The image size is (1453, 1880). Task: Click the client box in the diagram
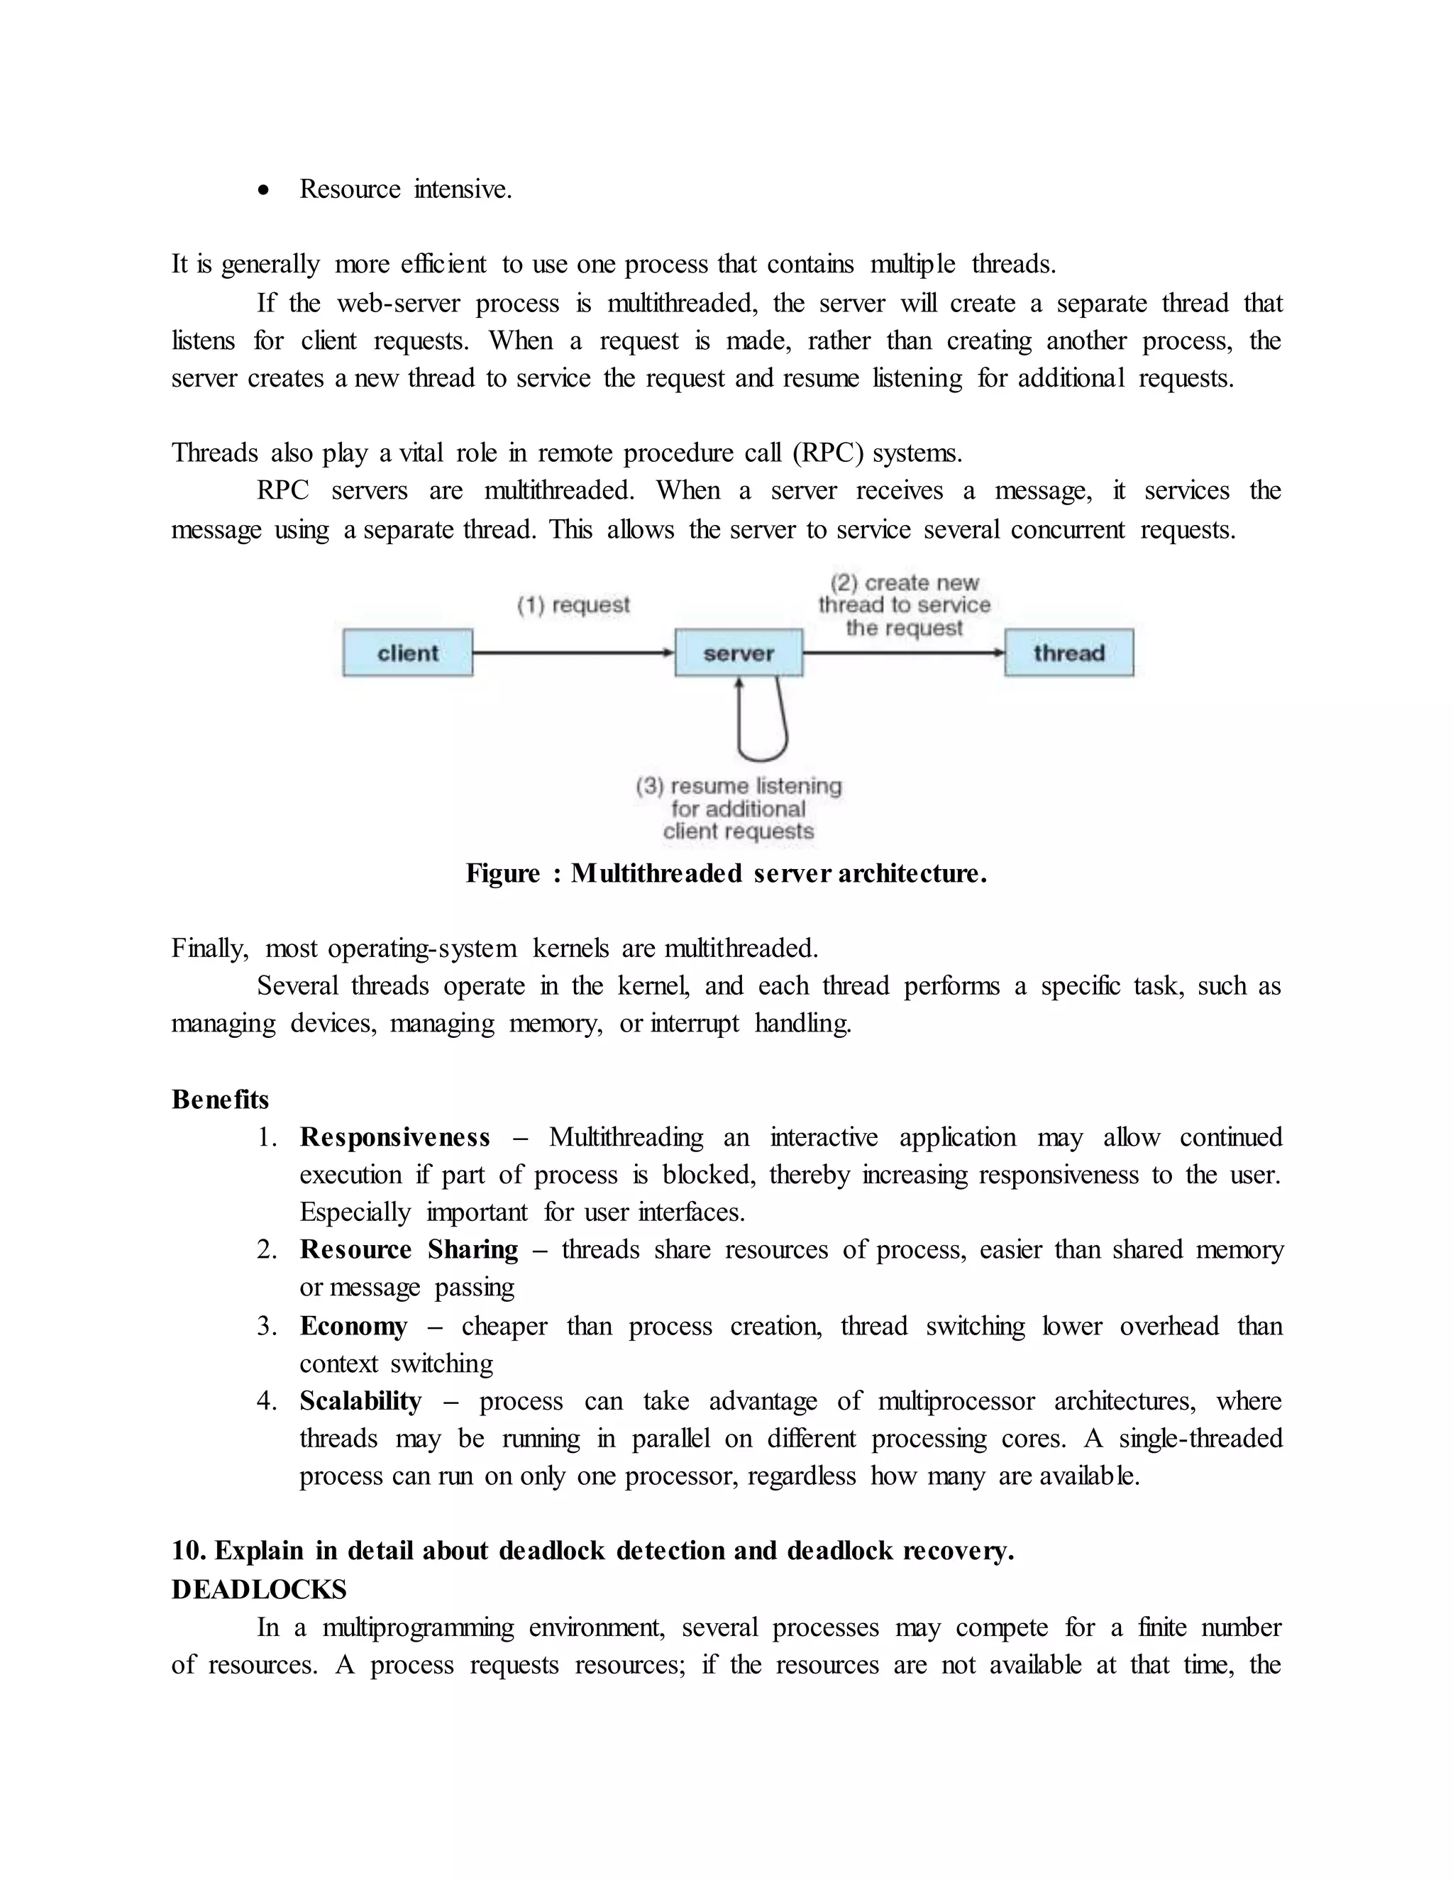pyautogui.click(x=407, y=653)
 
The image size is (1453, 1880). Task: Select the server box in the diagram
pyautogui.click(x=739, y=653)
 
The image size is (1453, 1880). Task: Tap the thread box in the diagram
pyautogui.click(x=1068, y=653)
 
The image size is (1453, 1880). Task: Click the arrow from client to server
pyautogui.click(x=573, y=653)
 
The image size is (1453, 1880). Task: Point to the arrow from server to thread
pyautogui.click(x=903, y=653)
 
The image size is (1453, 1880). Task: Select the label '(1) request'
pyautogui.click(x=573, y=605)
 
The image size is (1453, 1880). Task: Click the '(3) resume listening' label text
pyautogui.click(x=739, y=786)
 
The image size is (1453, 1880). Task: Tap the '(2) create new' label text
pyautogui.click(x=904, y=582)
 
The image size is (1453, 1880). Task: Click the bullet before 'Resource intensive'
pyautogui.click(x=264, y=190)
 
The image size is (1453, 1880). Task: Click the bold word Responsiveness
pyautogui.click(x=395, y=1137)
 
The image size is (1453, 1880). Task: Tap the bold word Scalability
pyautogui.click(x=360, y=1400)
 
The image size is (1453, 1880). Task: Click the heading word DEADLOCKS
pyautogui.click(x=259, y=1589)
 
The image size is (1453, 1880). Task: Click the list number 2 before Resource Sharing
pyautogui.click(x=266, y=1250)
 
